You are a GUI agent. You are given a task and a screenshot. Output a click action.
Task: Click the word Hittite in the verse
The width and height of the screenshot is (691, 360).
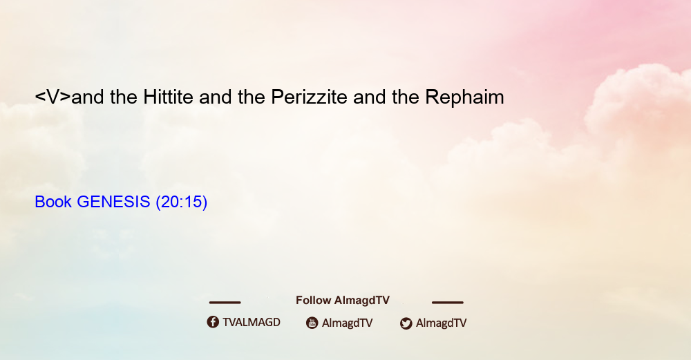click(168, 97)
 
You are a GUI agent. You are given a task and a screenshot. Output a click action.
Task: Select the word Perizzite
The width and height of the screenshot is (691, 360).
click(309, 97)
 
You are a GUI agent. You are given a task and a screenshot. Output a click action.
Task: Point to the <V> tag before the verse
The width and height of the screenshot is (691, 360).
click(53, 97)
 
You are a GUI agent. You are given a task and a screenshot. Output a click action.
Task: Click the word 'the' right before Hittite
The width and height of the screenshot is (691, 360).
click(124, 97)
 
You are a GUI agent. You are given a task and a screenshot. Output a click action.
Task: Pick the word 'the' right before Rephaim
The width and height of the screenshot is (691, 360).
click(406, 97)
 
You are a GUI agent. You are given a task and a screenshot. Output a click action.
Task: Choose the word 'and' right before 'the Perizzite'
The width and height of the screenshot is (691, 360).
click(215, 97)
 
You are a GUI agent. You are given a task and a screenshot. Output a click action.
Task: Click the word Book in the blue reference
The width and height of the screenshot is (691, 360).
click(53, 202)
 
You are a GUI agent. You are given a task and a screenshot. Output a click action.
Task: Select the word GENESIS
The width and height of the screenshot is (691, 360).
click(113, 202)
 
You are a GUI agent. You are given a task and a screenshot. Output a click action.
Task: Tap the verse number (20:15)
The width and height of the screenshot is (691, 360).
click(182, 202)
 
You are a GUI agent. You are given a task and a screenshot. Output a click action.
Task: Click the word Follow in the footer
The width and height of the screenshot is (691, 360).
click(313, 301)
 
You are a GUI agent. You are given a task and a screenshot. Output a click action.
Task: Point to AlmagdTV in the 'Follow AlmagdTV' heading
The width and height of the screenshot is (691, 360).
click(362, 301)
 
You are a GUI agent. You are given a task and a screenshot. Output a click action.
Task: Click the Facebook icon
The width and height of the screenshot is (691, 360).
click(213, 322)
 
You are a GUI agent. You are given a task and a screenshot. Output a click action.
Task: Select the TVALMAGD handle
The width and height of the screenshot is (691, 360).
click(252, 323)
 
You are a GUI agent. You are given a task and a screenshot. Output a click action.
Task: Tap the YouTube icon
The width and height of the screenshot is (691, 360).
click(312, 323)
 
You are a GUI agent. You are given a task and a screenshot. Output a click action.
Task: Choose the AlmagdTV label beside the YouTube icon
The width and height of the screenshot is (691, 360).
click(348, 323)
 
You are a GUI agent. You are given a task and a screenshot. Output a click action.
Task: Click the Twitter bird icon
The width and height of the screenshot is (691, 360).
click(406, 323)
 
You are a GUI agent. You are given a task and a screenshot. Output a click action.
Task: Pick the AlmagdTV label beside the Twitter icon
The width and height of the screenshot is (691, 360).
click(441, 323)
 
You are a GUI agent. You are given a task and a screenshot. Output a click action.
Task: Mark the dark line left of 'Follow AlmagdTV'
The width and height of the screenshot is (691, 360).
click(225, 303)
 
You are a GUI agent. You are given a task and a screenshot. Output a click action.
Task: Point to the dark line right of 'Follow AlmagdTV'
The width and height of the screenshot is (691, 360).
click(448, 303)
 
